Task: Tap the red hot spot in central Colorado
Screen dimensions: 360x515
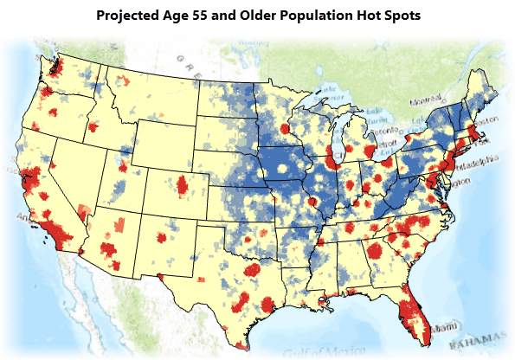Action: click(x=183, y=186)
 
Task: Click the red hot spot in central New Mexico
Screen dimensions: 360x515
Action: click(x=161, y=238)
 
